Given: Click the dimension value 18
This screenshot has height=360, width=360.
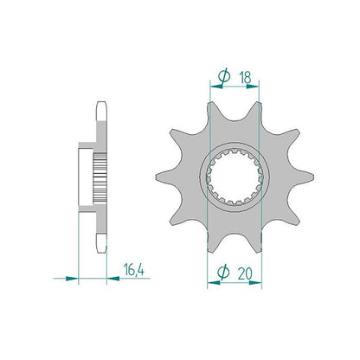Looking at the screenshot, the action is pyautogui.click(x=245, y=77).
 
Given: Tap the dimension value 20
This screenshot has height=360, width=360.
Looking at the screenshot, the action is pyautogui.click(x=245, y=273).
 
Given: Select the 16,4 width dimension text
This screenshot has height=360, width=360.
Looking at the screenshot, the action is pyautogui.click(x=134, y=269).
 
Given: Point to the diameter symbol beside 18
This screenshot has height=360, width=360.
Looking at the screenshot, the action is pyautogui.click(x=224, y=77).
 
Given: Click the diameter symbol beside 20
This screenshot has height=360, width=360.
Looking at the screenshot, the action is pyautogui.click(x=223, y=273).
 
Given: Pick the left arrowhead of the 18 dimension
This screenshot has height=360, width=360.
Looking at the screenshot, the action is pyautogui.click(x=217, y=86).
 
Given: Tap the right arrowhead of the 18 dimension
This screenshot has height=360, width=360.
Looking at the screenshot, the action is pyautogui.click(x=253, y=86).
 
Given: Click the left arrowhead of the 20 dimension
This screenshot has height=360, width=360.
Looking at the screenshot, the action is pyautogui.click(x=214, y=283).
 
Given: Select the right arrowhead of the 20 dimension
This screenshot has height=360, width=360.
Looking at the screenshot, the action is pyautogui.click(x=255, y=283).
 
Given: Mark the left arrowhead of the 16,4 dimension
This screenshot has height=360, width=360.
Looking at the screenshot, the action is pyautogui.click(x=72, y=279).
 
